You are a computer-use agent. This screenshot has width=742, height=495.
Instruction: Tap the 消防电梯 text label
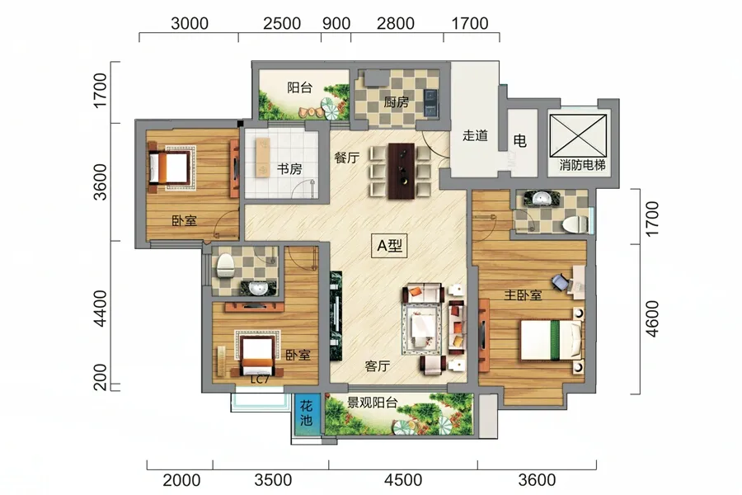click(x=582, y=165)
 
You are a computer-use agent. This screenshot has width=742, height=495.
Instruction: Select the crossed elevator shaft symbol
click(x=578, y=136)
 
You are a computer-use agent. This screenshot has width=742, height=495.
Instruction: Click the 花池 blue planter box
click(x=306, y=413)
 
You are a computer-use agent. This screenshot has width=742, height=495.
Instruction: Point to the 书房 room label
click(x=289, y=168)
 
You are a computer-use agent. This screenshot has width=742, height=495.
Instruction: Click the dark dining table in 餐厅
click(x=402, y=171)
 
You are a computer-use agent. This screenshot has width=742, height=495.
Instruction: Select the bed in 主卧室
click(x=551, y=340)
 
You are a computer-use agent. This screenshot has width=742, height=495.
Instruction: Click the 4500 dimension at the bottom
click(x=403, y=480)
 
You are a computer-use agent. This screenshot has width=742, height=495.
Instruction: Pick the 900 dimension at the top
click(x=336, y=23)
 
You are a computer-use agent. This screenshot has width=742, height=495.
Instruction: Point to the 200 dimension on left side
click(x=101, y=377)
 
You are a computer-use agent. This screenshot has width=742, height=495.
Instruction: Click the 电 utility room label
click(x=519, y=141)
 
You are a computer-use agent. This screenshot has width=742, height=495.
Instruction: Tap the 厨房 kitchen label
click(x=396, y=101)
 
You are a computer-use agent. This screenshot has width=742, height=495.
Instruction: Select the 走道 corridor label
click(x=475, y=135)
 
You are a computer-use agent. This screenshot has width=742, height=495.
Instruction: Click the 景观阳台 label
click(x=373, y=403)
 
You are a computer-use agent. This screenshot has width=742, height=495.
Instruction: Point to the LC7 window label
click(x=260, y=379)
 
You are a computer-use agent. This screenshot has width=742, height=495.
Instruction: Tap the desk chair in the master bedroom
click(x=560, y=282)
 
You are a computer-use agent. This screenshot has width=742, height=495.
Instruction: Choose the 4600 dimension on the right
click(x=651, y=318)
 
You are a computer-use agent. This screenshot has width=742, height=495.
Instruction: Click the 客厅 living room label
click(x=377, y=365)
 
